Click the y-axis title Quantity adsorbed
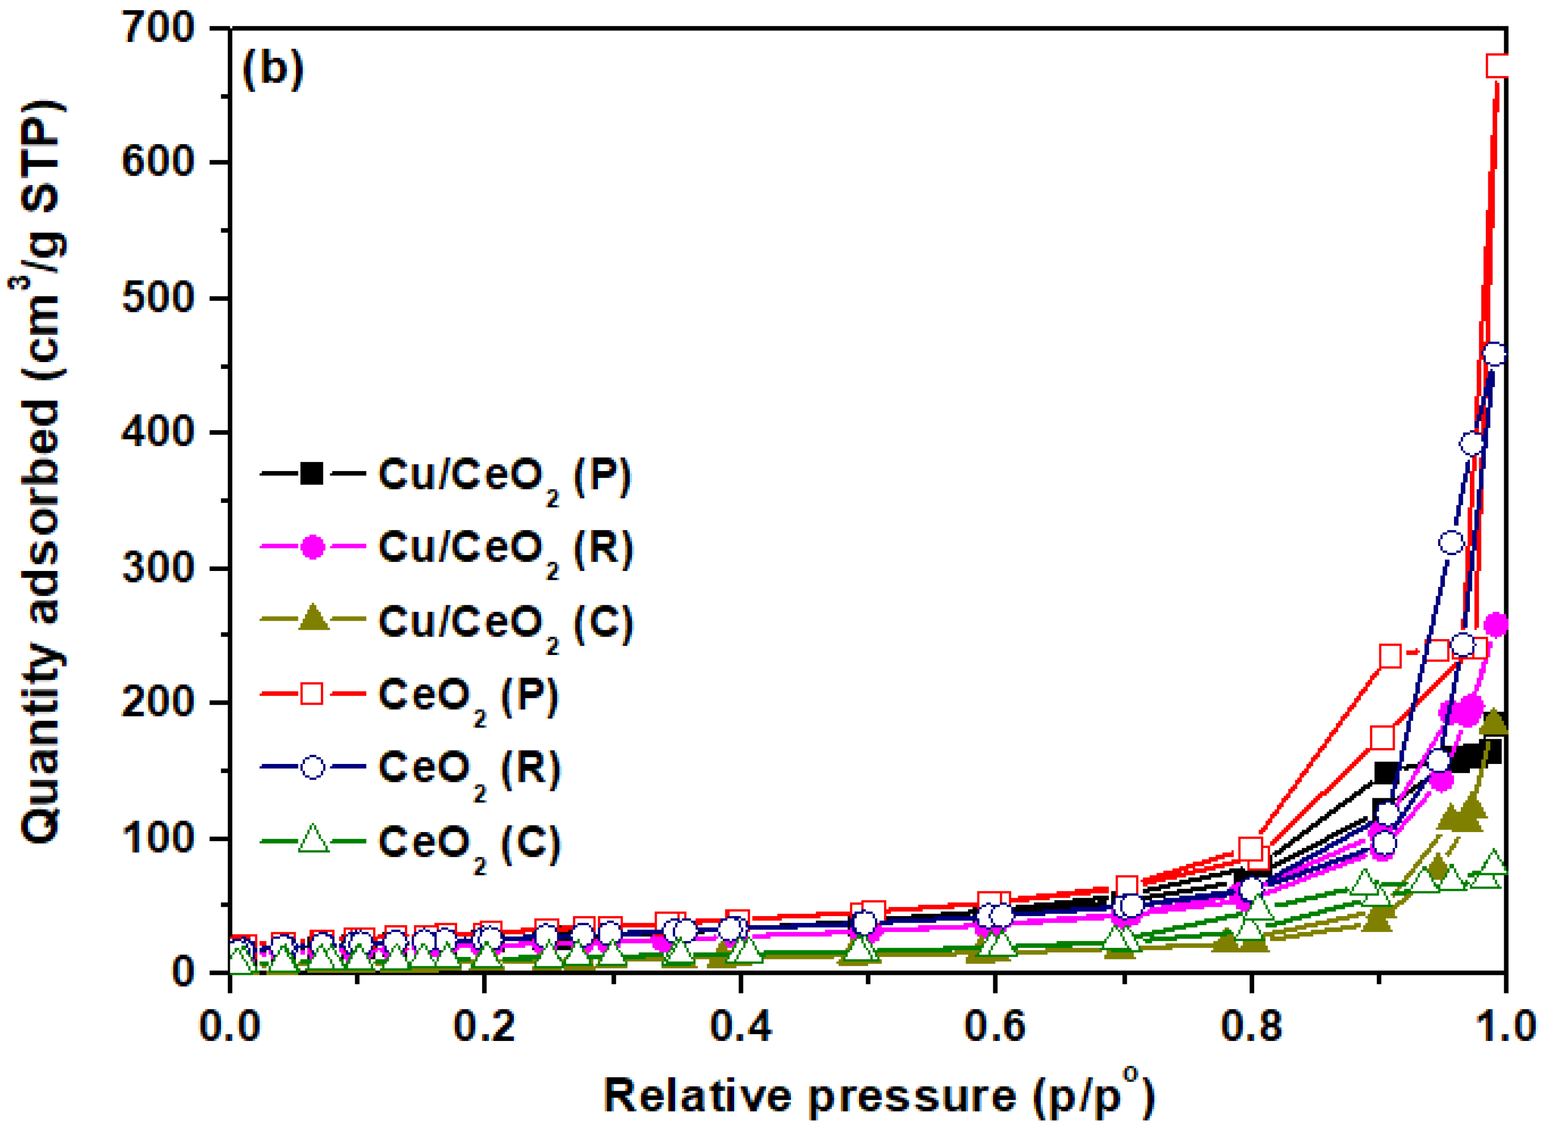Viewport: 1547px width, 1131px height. coord(41,472)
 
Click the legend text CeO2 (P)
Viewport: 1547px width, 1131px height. coord(468,696)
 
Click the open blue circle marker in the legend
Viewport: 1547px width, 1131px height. coord(313,767)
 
